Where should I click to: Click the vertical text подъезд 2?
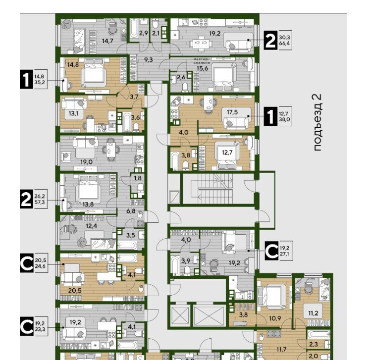coord(317,122)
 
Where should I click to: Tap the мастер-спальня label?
coord(202,61)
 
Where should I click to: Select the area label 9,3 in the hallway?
coord(148,60)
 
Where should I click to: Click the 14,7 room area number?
coord(107,41)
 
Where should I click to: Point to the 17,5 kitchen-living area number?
coord(232,112)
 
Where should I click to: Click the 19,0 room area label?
coord(86,162)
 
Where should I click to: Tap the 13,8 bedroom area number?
coord(88,205)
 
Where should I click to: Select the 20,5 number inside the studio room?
coord(75,291)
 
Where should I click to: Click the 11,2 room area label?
coord(313,313)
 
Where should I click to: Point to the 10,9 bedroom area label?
coord(275,318)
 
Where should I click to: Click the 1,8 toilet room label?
coord(138,178)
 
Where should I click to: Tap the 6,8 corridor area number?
coord(131,211)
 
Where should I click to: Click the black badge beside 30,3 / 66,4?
coord(270,40)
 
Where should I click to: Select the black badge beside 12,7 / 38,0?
coord(270,116)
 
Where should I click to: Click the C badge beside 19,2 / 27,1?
coord(271,251)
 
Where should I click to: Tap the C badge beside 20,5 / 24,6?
coord(27,263)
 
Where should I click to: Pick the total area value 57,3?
coord(40,202)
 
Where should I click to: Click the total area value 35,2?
coord(40,82)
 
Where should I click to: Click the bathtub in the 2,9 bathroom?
coord(134,30)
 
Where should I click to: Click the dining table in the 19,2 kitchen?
coord(202,43)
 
